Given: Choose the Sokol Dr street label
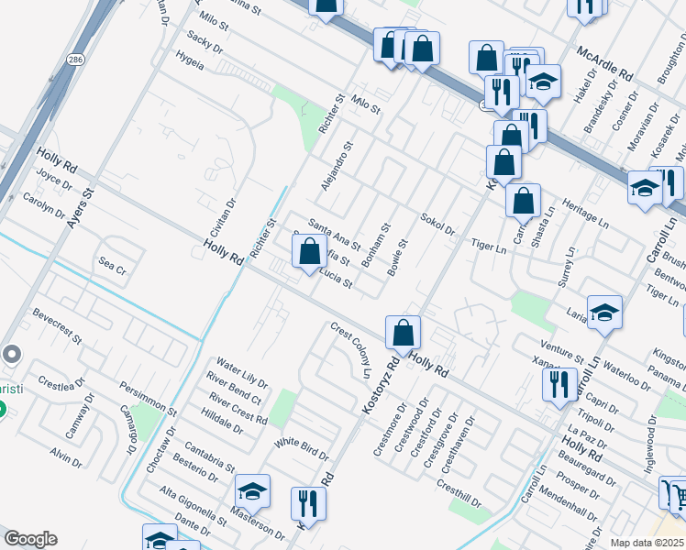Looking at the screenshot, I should pos(437,224).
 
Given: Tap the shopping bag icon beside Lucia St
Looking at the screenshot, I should pos(310,249).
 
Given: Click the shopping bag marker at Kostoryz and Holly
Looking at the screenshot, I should pos(403,333).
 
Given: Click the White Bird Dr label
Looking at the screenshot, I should pos(302,448).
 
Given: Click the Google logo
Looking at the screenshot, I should pos(30,539).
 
